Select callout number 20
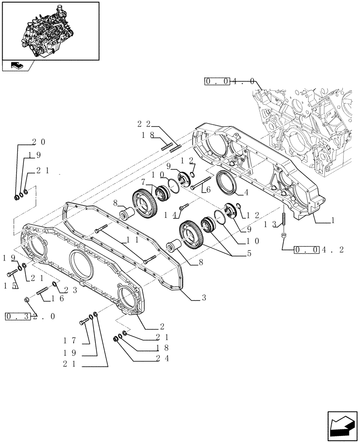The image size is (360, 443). [38, 142]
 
